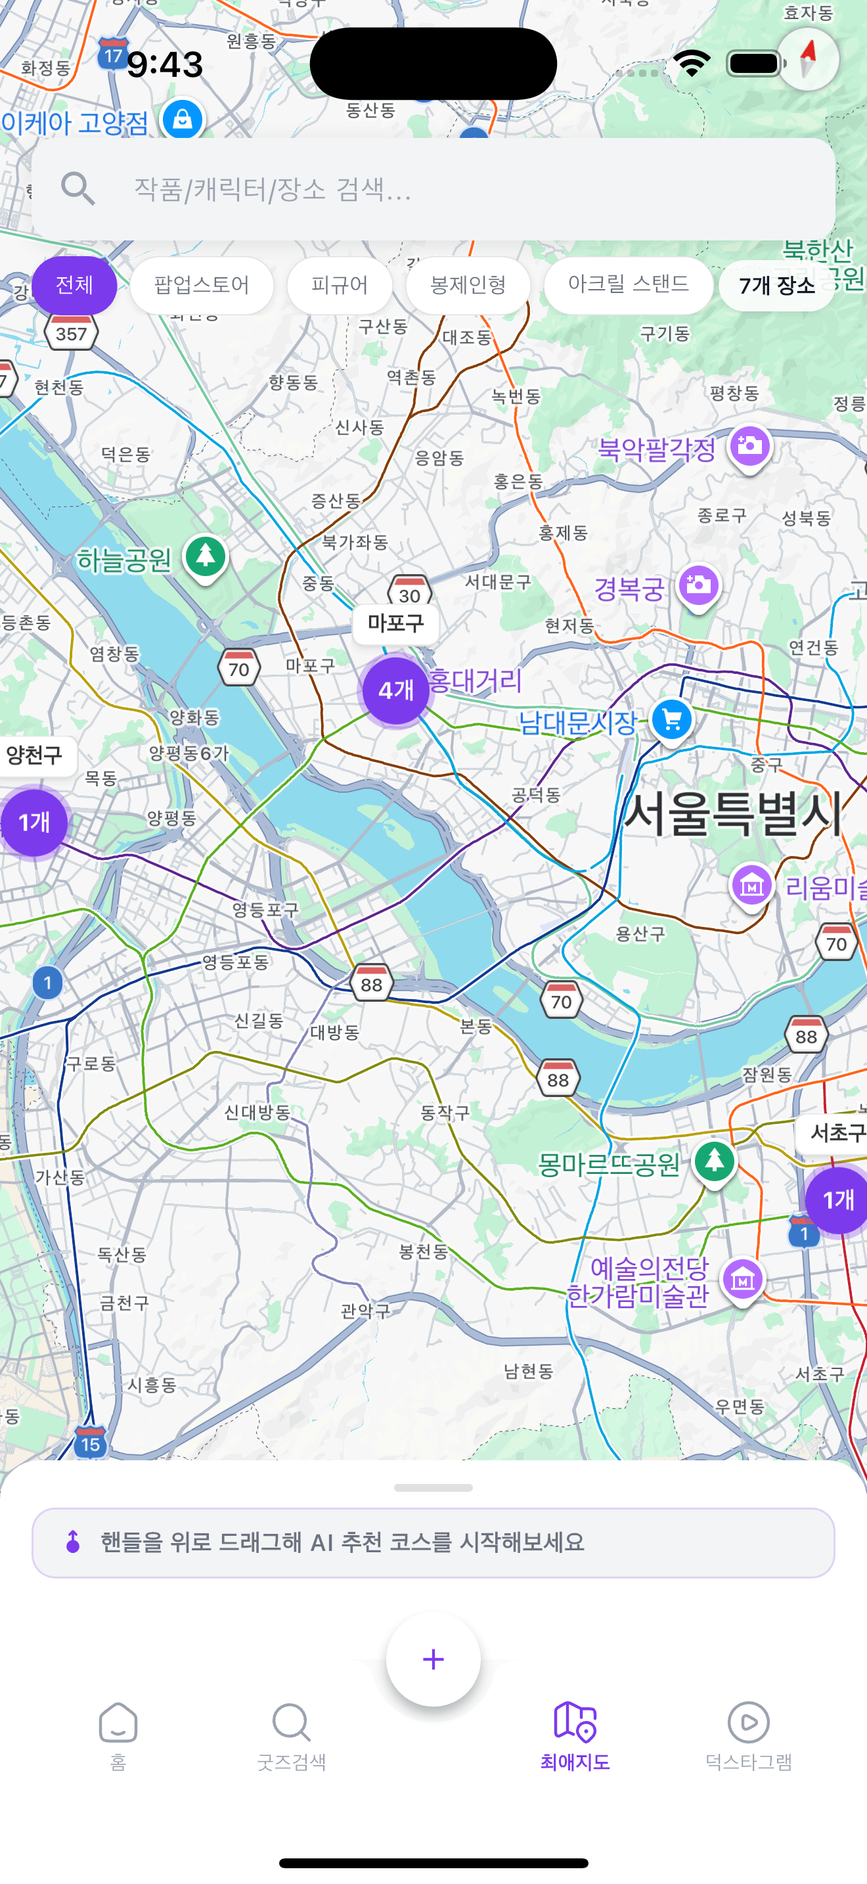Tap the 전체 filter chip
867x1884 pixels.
tap(74, 284)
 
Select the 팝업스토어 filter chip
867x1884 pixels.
tap(202, 284)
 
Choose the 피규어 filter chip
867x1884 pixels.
tap(339, 284)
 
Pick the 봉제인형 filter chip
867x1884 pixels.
tap(468, 284)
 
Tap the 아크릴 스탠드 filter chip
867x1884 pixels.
tap(628, 284)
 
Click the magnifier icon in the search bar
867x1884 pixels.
tap(78, 189)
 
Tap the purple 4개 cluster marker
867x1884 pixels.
tap(395, 690)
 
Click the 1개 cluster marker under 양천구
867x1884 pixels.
tap(33, 822)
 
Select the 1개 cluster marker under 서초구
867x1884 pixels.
tap(837, 1200)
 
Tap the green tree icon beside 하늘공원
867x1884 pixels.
tap(206, 556)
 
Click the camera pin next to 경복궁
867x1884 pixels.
tap(698, 585)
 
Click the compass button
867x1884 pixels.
tap(808, 58)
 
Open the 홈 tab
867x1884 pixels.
tap(118, 1735)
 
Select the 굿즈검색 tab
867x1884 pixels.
tap(291, 1735)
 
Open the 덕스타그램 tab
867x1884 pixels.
tap(748, 1735)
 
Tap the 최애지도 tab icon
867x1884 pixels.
tap(575, 1722)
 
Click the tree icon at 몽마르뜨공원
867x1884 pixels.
tap(714, 1160)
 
